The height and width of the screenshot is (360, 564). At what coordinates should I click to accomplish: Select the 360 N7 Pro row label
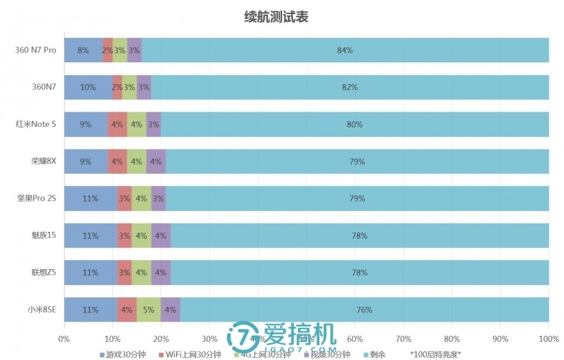[x=36, y=50]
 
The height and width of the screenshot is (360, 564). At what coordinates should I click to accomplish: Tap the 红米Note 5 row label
[x=36, y=124]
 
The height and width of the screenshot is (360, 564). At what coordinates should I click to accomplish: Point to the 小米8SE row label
[x=42, y=310]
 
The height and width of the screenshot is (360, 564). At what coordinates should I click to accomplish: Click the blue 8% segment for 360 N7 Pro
[x=83, y=50]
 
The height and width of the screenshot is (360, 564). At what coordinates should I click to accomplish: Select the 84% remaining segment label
[x=345, y=50]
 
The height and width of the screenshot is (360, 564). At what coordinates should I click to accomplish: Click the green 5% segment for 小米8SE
[x=149, y=310]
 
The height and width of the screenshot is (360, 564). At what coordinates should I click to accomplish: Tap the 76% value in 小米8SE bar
[x=364, y=310]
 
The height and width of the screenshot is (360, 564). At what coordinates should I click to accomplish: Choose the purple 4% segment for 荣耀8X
[x=156, y=161]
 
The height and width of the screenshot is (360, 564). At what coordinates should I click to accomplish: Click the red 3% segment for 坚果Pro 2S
[x=124, y=199]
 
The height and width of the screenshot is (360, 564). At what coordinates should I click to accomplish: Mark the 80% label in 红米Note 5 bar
[x=354, y=124]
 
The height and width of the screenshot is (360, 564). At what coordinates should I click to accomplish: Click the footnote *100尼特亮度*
[x=435, y=354]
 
